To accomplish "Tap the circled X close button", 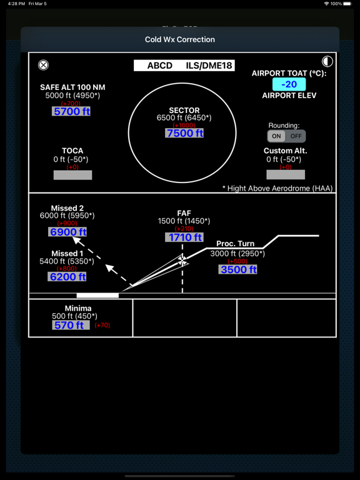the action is (x=43, y=65).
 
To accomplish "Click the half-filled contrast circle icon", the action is (x=327, y=61).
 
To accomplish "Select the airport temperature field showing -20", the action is (x=289, y=84).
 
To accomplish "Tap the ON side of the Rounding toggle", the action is (x=276, y=136).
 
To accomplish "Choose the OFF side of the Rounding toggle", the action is (x=296, y=136).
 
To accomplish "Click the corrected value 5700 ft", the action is (x=72, y=111).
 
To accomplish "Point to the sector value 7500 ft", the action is (x=184, y=133).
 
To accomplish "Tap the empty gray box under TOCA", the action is (x=72, y=175).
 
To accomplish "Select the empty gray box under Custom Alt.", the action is (x=286, y=174).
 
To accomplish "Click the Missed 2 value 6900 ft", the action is (x=67, y=232).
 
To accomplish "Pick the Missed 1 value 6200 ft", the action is (x=67, y=277).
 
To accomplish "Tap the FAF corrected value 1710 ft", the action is (x=184, y=237).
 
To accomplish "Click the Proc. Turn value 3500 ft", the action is (x=238, y=269).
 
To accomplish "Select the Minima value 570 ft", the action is (x=71, y=325).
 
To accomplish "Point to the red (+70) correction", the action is (x=102, y=325).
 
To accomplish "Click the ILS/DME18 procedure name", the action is (x=209, y=66).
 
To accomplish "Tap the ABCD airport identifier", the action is (x=160, y=66).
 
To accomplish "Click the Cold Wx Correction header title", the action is (x=180, y=39).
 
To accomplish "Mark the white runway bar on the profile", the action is (x=97, y=296).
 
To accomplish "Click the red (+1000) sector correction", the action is (x=184, y=126).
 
